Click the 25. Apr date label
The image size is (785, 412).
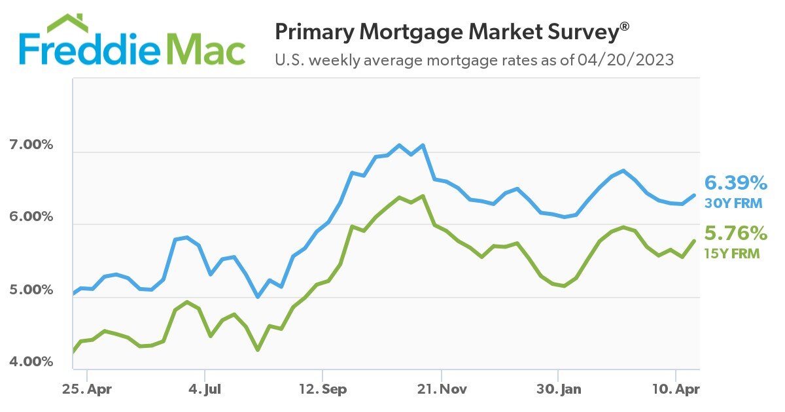88,390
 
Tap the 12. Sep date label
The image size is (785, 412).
323,390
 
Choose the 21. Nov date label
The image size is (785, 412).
442,390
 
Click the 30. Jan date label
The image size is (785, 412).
558,390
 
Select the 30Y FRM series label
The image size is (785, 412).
733,203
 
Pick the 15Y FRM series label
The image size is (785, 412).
732,254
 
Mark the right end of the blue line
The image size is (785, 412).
694,195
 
